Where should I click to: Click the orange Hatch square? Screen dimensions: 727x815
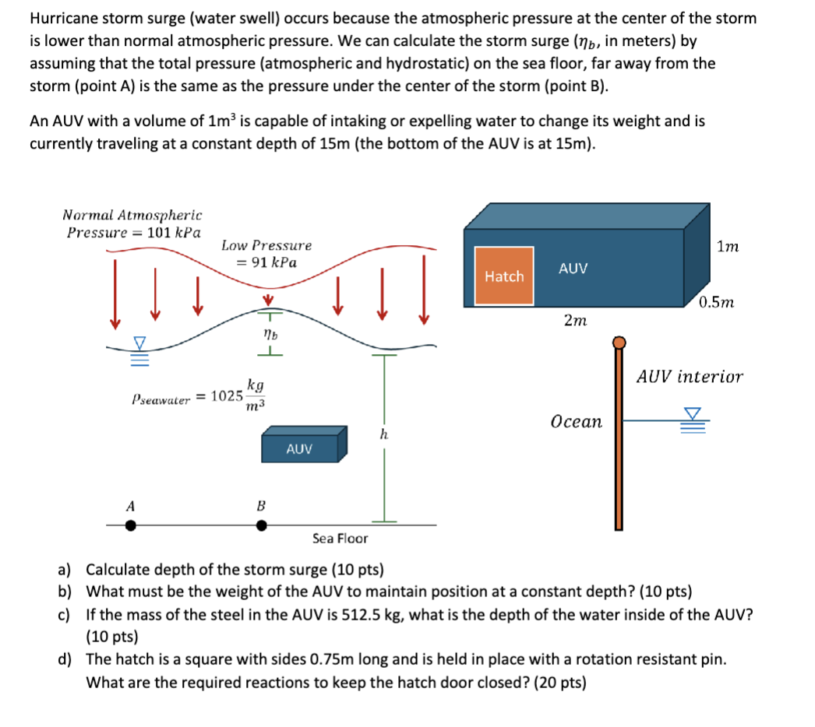click(x=504, y=276)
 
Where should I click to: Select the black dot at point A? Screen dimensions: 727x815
click(x=131, y=525)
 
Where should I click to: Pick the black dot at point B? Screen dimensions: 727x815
click(x=262, y=525)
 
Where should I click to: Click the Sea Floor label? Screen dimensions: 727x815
click(x=340, y=538)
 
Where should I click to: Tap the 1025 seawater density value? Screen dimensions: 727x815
click(x=228, y=395)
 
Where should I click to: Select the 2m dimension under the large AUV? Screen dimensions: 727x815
click(x=575, y=320)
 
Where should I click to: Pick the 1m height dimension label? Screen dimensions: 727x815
click(x=728, y=247)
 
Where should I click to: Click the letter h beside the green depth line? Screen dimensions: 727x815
click(x=383, y=435)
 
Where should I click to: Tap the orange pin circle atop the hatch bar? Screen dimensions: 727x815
click(x=619, y=342)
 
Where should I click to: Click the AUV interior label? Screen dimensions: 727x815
click(x=690, y=377)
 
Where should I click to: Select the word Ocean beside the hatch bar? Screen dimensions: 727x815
click(x=576, y=422)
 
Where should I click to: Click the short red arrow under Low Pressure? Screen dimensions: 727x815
click(x=268, y=300)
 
